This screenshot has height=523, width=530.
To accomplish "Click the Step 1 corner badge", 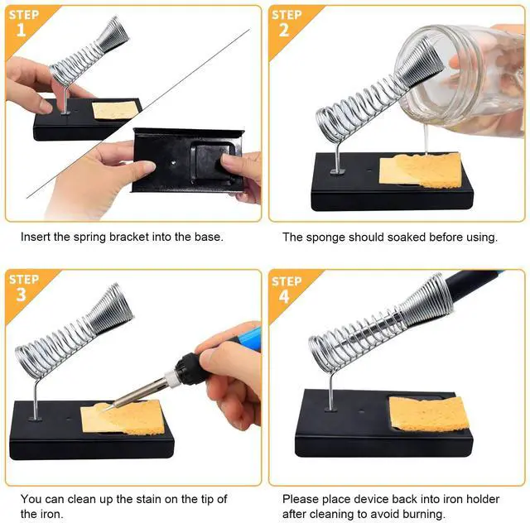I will click(x=21, y=23).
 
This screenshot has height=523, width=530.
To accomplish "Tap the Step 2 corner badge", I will click(x=286, y=23).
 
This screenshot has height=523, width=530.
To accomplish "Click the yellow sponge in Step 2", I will click(x=419, y=170).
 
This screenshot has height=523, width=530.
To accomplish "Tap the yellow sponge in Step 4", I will click(x=429, y=413).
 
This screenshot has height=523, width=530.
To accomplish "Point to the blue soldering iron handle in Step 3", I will click(x=245, y=338).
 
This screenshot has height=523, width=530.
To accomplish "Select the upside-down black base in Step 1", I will click(x=189, y=159).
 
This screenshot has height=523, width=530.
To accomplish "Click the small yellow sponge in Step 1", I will click(x=114, y=110).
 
